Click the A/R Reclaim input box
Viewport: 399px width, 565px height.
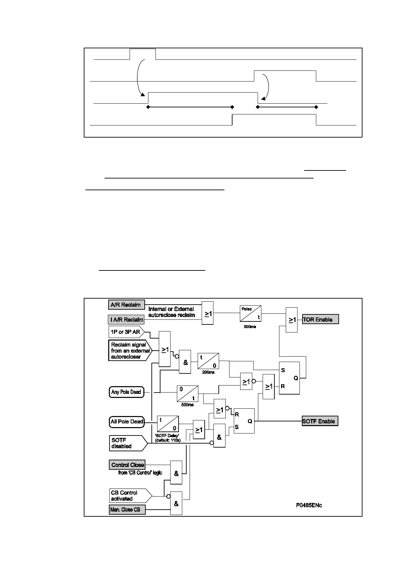pyautogui.click(x=126, y=305)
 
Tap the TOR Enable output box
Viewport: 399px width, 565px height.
pyautogui.click(x=320, y=319)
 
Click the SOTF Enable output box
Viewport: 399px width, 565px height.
pyautogui.click(x=320, y=421)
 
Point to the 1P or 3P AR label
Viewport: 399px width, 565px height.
pyautogui.click(x=126, y=332)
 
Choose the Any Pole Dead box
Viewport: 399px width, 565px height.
pyautogui.click(x=126, y=392)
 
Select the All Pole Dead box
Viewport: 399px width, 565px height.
pyautogui.click(x=127, y=421)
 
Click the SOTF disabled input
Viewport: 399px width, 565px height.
pyautogui.click(x=127, y=443)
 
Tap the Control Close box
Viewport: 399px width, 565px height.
pyautogui.click(x=127, y=465)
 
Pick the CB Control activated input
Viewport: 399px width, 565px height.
pyautogui.click(x=129, y=496)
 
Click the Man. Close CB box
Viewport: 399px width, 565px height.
pyautogui.click(x=127, y=510)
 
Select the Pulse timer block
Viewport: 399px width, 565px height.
pyautogui.click(x=250, y=313)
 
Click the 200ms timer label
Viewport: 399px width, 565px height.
pyautogui.click(x=208, y=372)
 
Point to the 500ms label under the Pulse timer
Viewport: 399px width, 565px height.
pyautogui.click(x=250, y=327)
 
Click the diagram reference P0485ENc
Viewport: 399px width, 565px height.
pyautogui.click(x=309, y=505)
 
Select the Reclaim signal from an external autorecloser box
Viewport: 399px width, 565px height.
pyautogui.click(x=129, y=351)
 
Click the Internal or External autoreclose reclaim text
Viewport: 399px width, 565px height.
pyautogui.click(x=172, y=312)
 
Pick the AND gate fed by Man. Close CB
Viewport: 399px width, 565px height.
pyautogui.click(x=176, y=503)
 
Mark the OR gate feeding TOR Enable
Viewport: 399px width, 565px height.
pyautogui.click(x=291, y=320)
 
